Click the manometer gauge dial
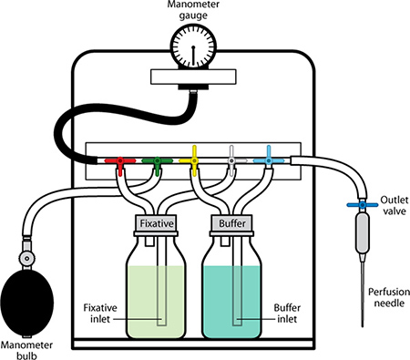click(x=193, y=47)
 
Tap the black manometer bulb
click(x=27, y=303)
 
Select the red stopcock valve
click(x=120, y=164)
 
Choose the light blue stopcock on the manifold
click(x=269, y=159)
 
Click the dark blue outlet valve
click(x=363, y=205)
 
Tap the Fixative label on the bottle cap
click(x=157, y=223)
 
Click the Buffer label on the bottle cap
click(x=232, y=223)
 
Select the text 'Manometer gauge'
click(x=193, y=10)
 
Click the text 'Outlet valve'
click(x=395, y=205)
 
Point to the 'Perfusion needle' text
click(x=389, y=297)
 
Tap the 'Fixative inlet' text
click(x=100, y=314)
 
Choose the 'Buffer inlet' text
click(x=287, y=314)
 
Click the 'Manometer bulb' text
click(x=26, y=350)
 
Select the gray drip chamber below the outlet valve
click(x=363, y=233)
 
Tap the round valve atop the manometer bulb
click(x=27, y=259)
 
